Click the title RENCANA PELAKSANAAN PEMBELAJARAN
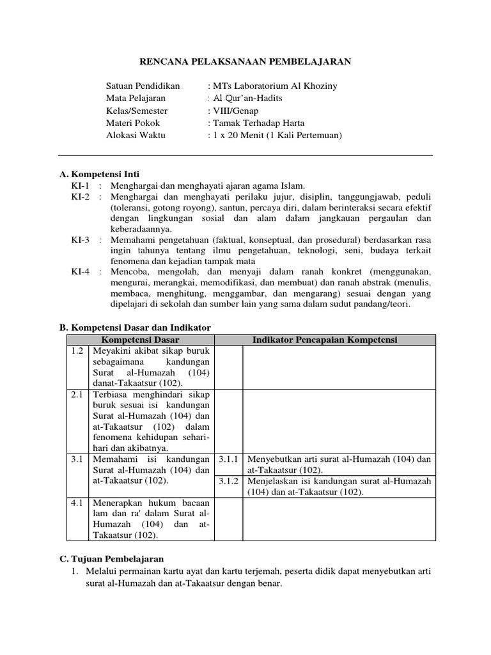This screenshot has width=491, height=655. pyautogui.click(x=245, y=61)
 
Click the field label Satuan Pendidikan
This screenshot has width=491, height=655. pyautogui.click(x=143, y=86)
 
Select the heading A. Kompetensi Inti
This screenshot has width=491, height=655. pyautogui.click(x=99, y=174)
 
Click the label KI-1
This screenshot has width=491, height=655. pyautogui.click(x=81, y=185)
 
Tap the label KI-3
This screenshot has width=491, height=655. pyautogui.click(x=81, y=240)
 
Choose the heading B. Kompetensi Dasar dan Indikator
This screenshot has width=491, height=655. pyautogui.click(x=135, y=327)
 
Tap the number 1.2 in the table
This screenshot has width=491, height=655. pyautogui.click(x=77, y=351)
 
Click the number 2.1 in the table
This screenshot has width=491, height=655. pyautogui.click(x=77, y=395)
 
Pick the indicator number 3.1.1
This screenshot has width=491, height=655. pyautogui.click(x=228, y=460)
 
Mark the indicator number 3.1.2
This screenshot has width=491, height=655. pyautogui.click(x=228, y=481)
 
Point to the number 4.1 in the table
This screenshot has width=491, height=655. pyautogui.click(x=77, y=503)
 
